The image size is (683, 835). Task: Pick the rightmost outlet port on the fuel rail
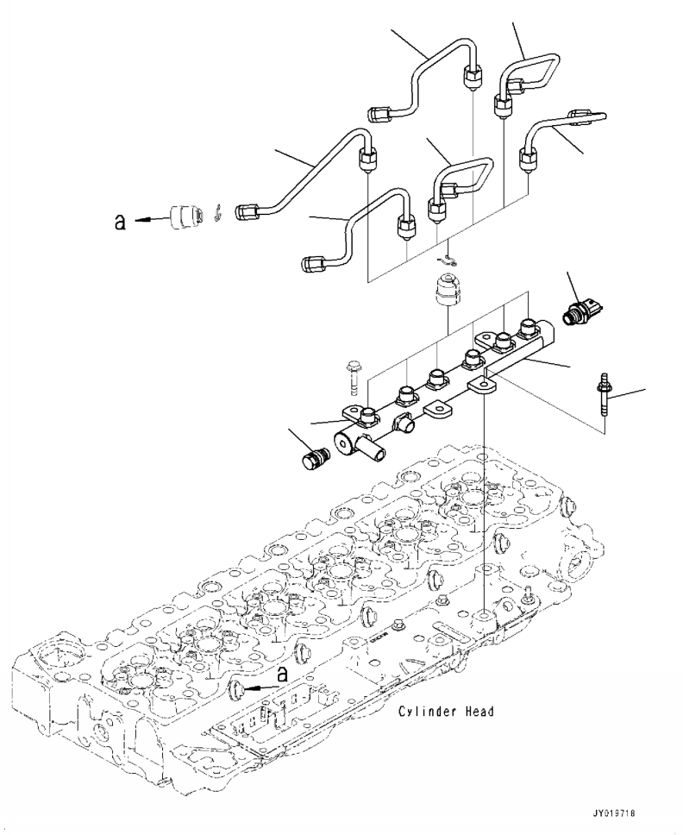pyautogui.click(x=527, y=329)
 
